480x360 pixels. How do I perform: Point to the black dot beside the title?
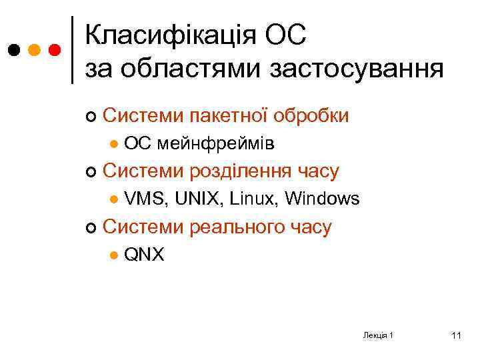click(13, 50)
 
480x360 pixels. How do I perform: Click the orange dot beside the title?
click(34, 50)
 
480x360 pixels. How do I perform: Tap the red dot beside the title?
click(55, 50)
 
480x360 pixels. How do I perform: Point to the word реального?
click(234, 227)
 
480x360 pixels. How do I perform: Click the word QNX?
click(144, 255)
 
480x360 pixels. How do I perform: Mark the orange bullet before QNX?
click(115, 255)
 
